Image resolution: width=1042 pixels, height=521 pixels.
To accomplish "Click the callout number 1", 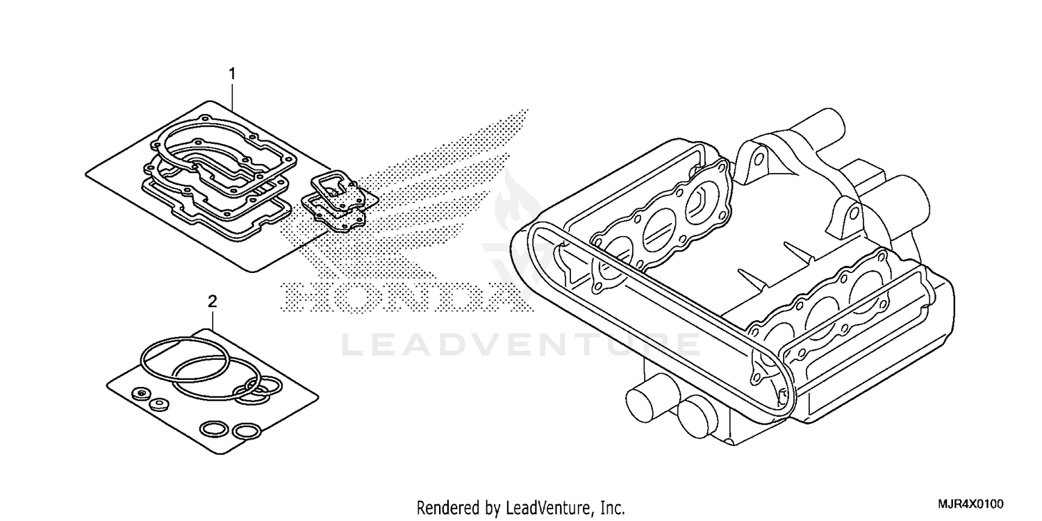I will pos(233,73).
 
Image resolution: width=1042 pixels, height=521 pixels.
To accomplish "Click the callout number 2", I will pos(213,301).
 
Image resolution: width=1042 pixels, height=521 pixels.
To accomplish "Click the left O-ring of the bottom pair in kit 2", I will pos(212,429).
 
